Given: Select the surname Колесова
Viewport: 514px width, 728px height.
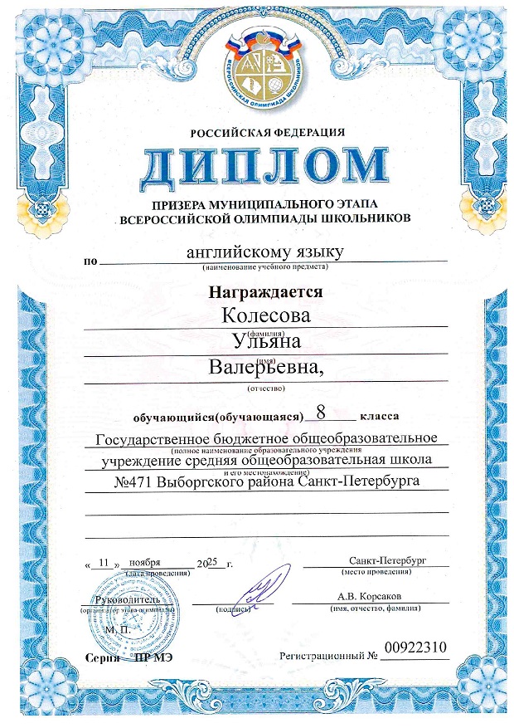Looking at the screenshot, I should pos(267,316).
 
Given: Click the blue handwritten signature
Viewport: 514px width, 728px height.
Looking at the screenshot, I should pos(264,586).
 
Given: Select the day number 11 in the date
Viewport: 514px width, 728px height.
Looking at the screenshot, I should pos(104,563).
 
